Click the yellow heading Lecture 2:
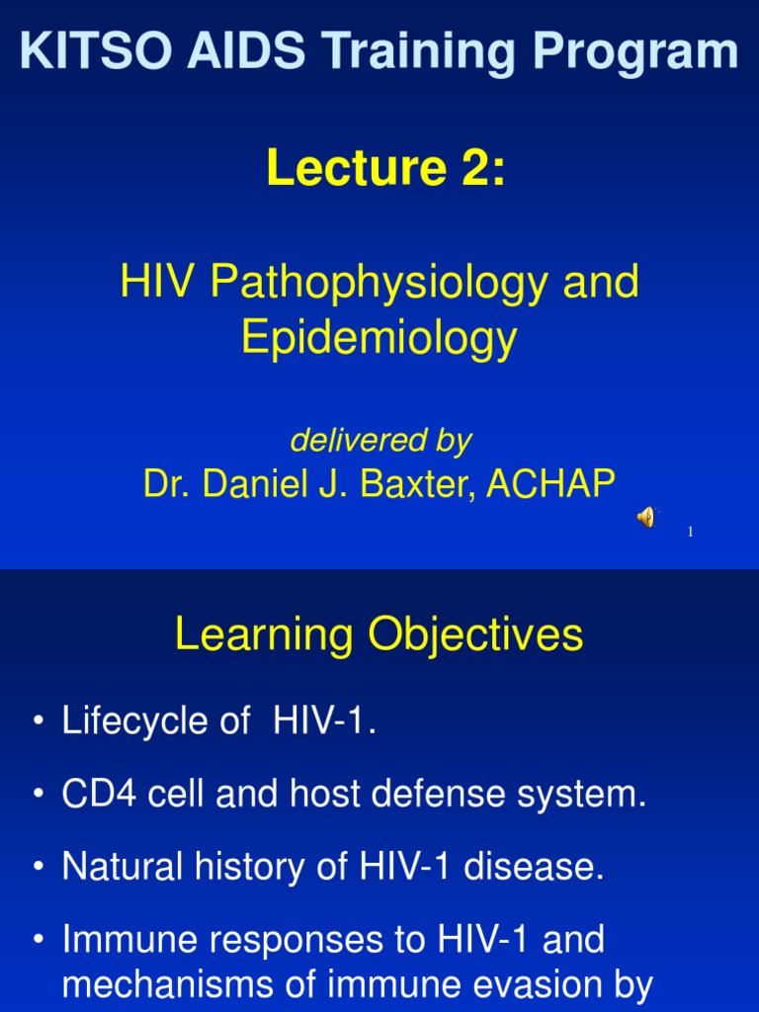(385, 167)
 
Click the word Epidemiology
(379, 338)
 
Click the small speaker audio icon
(645, 517)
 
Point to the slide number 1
(691, 533)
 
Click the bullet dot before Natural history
(38, 868)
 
